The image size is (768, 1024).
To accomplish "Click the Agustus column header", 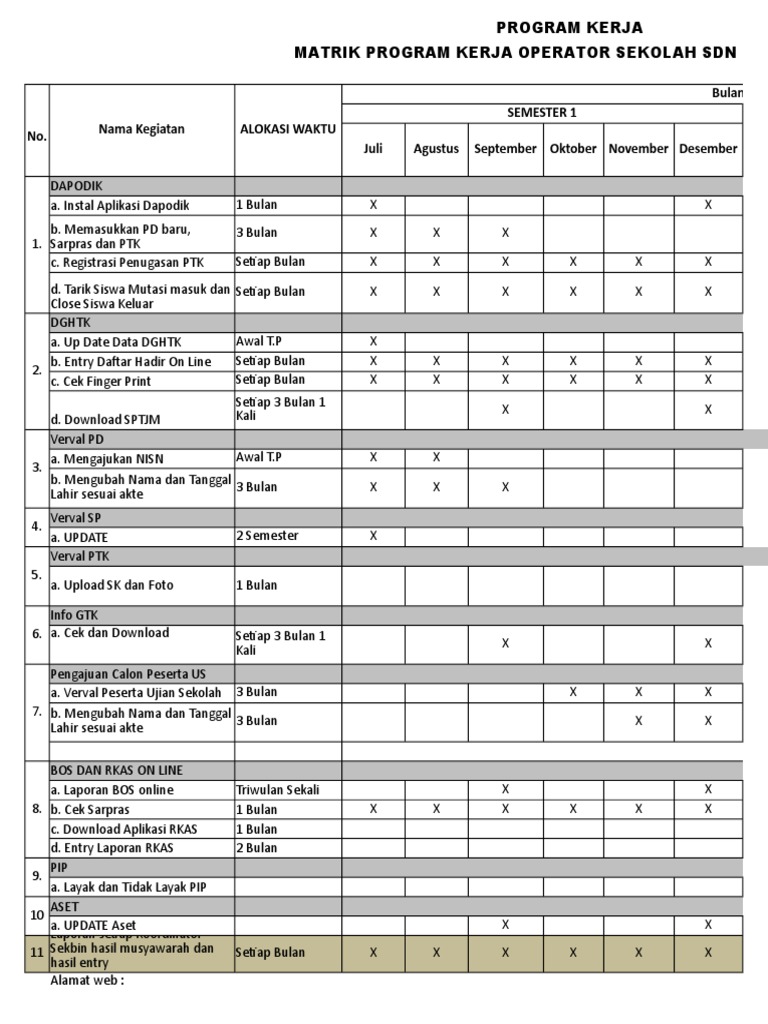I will click(436, 149).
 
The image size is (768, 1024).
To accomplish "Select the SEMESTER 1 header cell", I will click(543, 113).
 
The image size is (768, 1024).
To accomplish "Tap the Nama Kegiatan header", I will click(141, 129).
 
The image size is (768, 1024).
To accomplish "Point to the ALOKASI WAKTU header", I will click(288, 129).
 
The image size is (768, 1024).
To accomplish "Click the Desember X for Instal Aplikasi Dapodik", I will click(708, 205).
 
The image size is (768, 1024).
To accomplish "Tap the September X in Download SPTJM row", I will click(505, 409).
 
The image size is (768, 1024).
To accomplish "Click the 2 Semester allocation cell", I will click(267, 536).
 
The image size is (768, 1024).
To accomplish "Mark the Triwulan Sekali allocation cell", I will click(278, 790).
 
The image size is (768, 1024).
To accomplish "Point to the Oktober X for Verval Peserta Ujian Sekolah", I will click(573, 692).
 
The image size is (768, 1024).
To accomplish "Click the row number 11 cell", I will click(37, 953).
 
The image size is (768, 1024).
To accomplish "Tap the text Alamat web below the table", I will click(87, 980).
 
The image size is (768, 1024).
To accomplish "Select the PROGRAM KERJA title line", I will click(570, 27).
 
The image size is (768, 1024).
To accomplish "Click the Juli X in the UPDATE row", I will click(373, 536).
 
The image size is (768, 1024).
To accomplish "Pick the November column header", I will click(638, 149).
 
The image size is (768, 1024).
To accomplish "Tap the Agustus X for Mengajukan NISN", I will click(436, 458).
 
